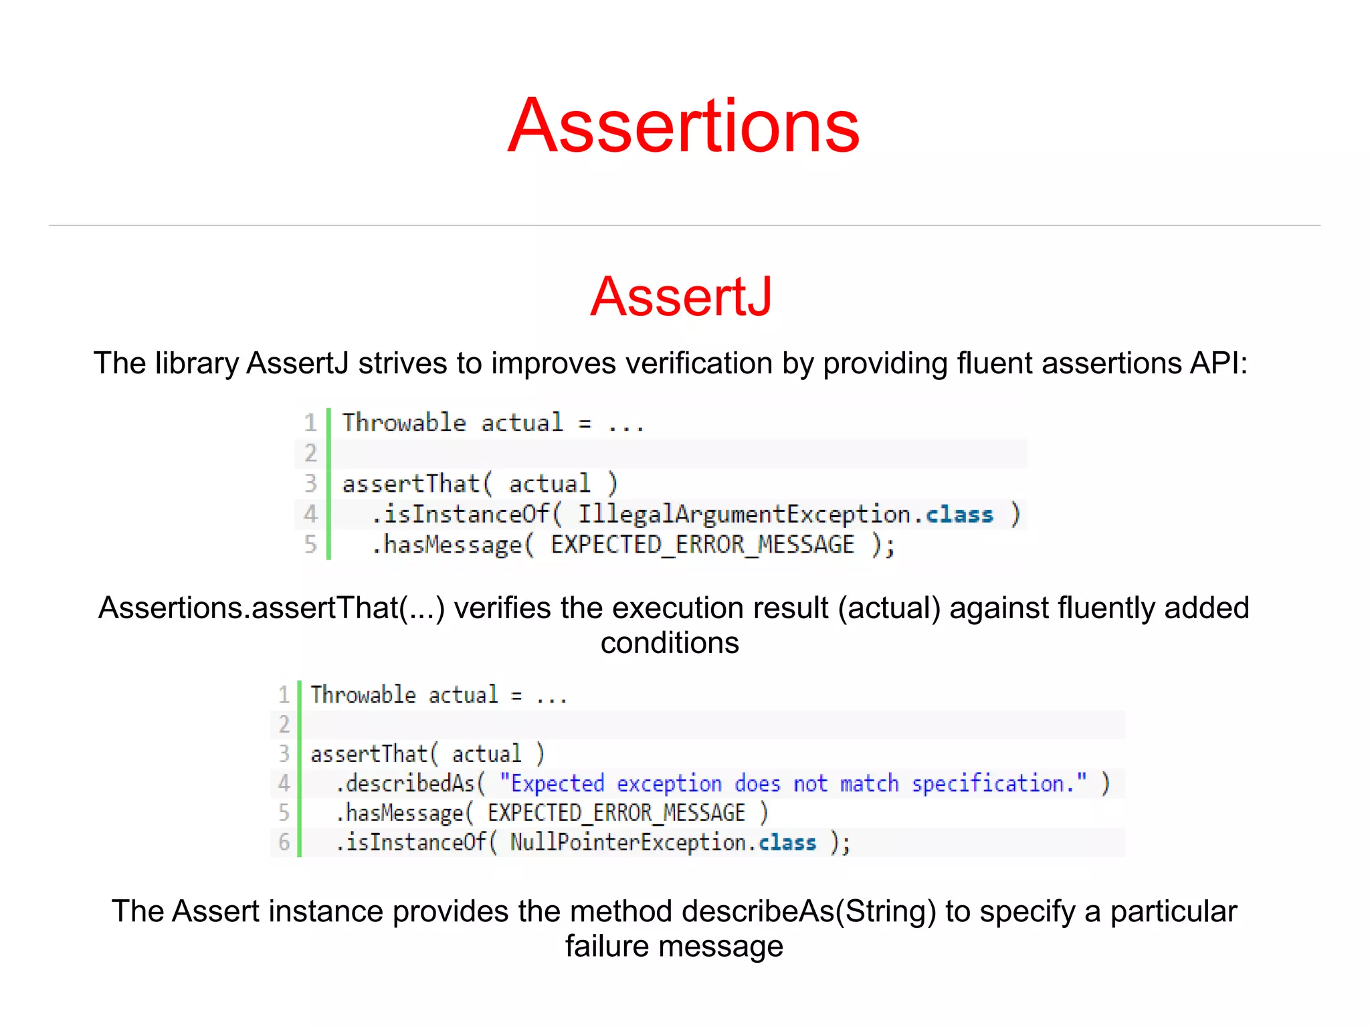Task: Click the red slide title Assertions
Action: (x=683, y=126)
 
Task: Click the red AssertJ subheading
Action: (x=681, y=296)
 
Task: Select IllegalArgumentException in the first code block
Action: (x=744, y=515)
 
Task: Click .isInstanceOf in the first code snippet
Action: (x=460, y=515)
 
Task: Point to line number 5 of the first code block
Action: (x=310, y=544)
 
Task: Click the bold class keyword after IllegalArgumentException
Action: (x=959, y=515)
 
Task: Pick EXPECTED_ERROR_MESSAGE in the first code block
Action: (x=702, y=545)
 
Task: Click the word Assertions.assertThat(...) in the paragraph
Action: (x=272, y=608)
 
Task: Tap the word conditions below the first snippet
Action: (x=670, y=643)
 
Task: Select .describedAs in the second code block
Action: (x=405, y=783)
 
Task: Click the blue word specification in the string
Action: (x=987, y=783)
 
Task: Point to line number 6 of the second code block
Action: (x=284, y=842)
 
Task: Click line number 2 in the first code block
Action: (x=310, y=453)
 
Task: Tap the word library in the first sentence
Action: (x=197, y=364)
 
